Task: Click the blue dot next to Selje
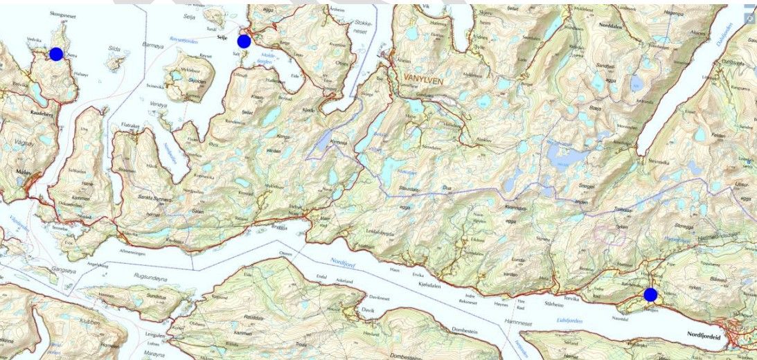point(244,41)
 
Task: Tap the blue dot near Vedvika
point(56,54)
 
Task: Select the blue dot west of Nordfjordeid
point(650,295)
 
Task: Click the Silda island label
point(115,49)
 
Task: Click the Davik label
point(368,311)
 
